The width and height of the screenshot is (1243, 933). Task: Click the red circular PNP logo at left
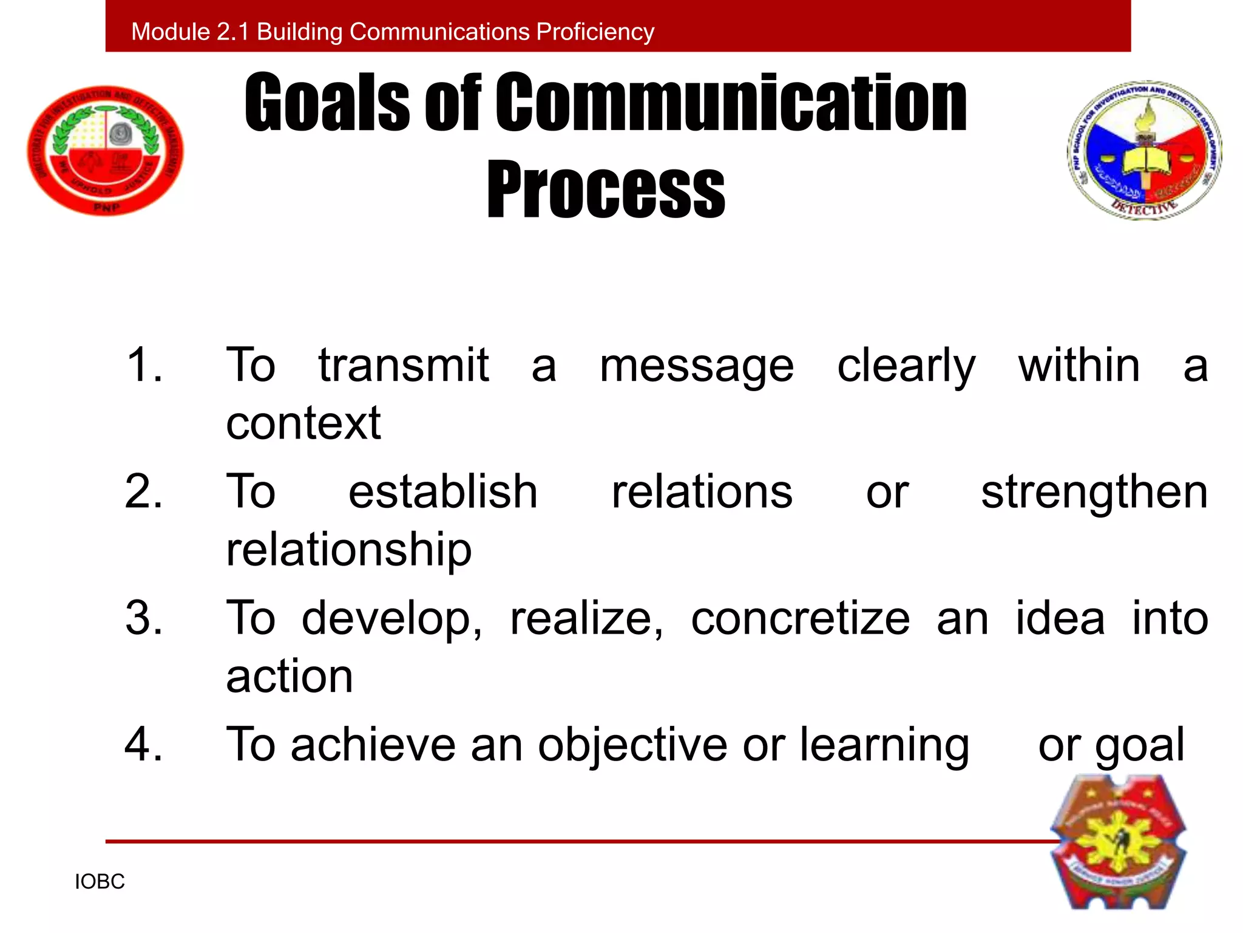coord(105,151)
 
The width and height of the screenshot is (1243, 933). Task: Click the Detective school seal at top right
coord(1144,151)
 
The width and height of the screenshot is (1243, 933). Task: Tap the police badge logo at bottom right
coord(1118,842)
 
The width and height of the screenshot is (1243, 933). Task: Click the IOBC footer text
coord(100,881)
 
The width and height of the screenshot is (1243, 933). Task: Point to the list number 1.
coord(144,365)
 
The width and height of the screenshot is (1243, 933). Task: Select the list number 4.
coord(144,745)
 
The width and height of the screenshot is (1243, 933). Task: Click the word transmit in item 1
coord(404,365)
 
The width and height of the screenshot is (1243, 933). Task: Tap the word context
coord(303,423)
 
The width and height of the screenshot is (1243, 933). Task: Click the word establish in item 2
coord(443,492)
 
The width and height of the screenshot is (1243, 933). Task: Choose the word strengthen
coord(1094,492)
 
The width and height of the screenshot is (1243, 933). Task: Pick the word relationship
coord(348,550)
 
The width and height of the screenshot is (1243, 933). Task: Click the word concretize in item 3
coord(800,618)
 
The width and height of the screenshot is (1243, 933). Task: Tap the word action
coord(289,676)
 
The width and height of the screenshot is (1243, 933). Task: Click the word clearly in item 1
coord(906,366)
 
